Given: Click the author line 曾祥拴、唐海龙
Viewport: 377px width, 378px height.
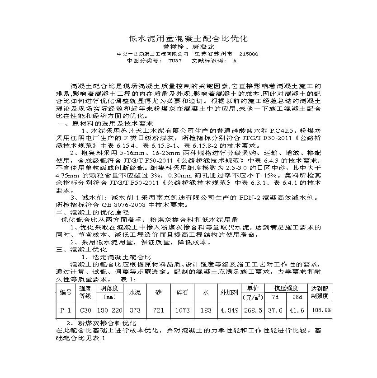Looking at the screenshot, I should point(188,47).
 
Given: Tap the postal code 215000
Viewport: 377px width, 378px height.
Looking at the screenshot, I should point(248,53).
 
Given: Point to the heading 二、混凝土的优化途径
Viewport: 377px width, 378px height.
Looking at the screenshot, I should point(93,212).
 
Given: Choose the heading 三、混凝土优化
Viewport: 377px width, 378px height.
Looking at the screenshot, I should point(81,249).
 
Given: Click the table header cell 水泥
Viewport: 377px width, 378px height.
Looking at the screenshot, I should point(135,293).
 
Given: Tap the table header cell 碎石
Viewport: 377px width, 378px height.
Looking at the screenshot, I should point(182,293).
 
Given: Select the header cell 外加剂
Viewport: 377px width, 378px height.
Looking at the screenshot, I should point(228,293).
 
